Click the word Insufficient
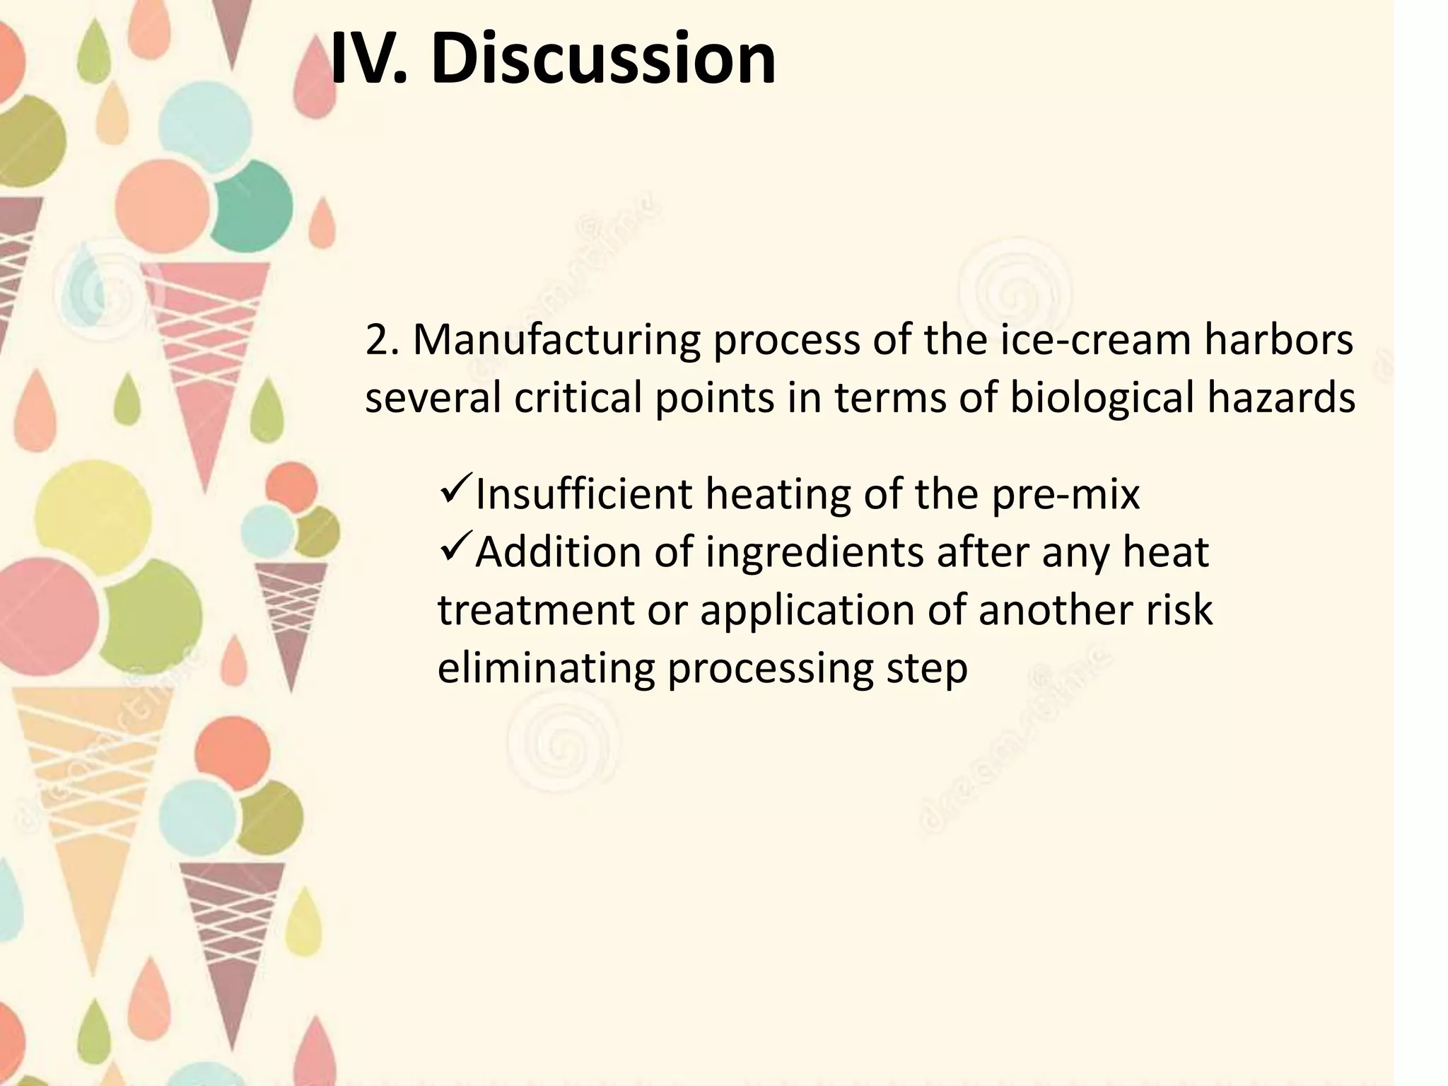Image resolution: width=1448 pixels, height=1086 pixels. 584,495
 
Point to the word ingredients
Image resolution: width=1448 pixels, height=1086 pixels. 814,553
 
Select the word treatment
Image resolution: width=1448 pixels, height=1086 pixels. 536,611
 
